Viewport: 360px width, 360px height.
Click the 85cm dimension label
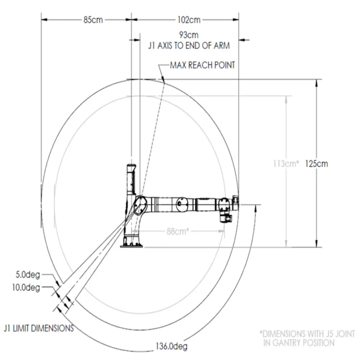(x=93, y=20)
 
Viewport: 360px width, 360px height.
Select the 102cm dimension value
(x=189, y=20)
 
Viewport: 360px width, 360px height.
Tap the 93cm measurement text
(x=189, y=35)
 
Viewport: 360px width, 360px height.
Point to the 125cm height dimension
(x=316, y=164)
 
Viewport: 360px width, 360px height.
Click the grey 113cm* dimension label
(x=286, y=164)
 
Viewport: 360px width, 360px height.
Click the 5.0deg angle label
(x=28, y=274)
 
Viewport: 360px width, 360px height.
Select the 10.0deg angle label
(x=26, y=287)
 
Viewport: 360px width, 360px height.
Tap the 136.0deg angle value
(x=171, y=346)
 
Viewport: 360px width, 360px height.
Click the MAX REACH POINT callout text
(x=202, y=65)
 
